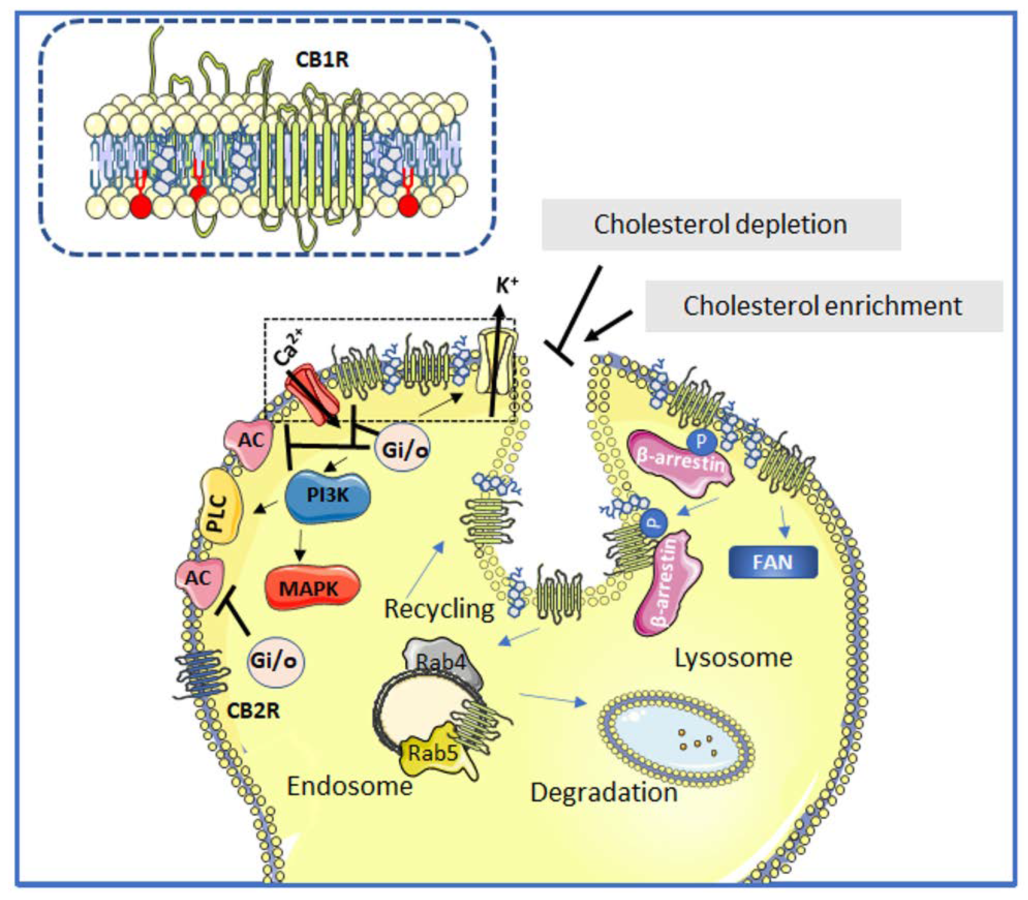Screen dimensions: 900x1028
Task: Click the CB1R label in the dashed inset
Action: click(322, 60)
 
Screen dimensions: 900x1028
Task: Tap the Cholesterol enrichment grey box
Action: click(823, 306)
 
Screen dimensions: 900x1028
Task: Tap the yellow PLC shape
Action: click(220, 514)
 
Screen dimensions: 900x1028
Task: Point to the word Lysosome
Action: click(733, 657)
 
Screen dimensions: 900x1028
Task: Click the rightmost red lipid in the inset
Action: click(408, 204)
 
